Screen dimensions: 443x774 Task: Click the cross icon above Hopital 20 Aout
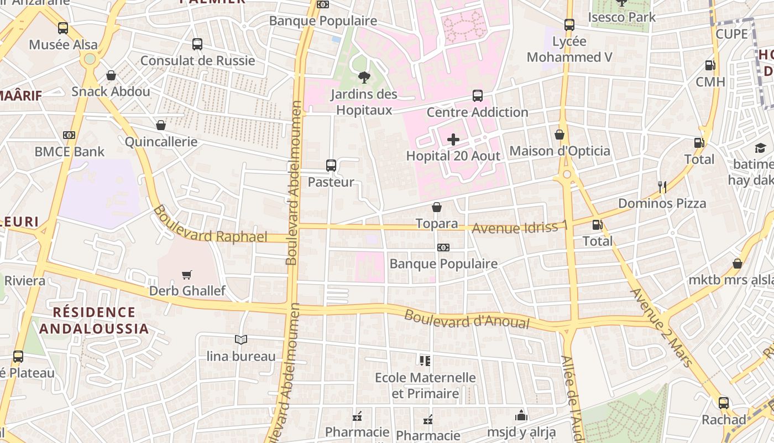[453, 140]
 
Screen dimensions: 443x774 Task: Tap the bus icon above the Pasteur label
[331, 165]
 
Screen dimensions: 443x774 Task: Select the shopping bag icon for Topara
[437, 207]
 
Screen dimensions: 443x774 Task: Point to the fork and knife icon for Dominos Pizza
[662, 187]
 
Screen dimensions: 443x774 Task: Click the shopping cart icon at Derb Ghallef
[187, 275]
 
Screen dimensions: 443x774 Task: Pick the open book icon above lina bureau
[240, 339]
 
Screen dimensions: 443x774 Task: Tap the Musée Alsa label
[63, 45]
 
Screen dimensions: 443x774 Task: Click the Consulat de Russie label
[197, 60]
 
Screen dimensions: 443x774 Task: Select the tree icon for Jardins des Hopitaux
[364, 78]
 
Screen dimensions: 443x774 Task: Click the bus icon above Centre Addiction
[478, 96]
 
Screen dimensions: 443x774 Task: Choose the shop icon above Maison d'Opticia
[559, 135]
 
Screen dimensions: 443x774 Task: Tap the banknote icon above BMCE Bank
[69, 135]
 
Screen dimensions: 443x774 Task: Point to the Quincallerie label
[161, 142]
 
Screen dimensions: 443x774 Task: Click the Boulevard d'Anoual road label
[467, 320]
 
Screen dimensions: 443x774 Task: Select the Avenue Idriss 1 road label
[520, 227]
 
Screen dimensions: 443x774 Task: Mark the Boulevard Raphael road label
[210, 224]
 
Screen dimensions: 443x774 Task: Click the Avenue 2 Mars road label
[661, 327]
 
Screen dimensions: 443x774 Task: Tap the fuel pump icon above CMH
[710, 65]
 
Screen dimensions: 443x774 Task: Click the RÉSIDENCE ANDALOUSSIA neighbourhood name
[94, 321]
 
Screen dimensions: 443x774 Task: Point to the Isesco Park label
[622, 17]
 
